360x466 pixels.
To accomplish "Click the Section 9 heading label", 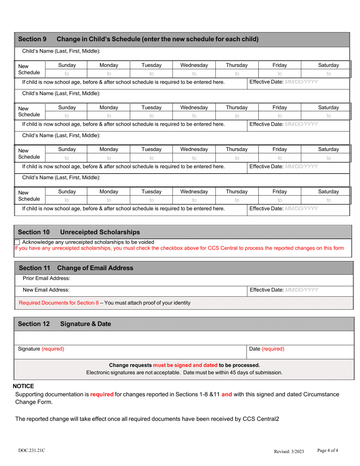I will [x=33, y=39].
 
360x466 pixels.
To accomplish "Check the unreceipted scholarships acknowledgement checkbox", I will [x=17, y=242].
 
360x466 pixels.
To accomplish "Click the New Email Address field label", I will [x=46, y=290].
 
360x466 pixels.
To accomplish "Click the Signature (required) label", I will [x=41, y=349].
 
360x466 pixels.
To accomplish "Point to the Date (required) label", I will [x=267, y=349].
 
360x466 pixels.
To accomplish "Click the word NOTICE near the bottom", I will [x=23, y=386].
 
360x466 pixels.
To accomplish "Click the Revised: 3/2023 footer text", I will [x=289, y=451].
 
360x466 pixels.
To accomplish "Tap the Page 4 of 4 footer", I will [x=327, y=450].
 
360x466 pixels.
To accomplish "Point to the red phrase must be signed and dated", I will [x=185, y=365].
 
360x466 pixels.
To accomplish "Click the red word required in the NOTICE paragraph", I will [x=102, y=394].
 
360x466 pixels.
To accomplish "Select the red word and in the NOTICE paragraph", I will [x=227, y=394].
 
